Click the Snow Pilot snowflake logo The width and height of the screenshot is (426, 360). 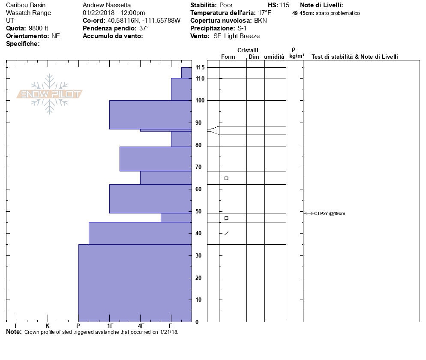click(50, 94)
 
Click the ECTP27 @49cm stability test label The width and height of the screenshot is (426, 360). click(328, 213)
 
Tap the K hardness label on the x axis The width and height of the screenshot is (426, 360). click(47, 326)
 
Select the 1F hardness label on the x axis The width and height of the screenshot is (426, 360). click(110, 326)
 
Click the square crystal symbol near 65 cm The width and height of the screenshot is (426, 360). click(226, 178)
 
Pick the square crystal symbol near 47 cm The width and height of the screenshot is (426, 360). click(226, 218)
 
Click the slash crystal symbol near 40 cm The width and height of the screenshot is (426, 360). click(226, 233)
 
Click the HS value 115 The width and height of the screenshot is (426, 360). click(284, 5)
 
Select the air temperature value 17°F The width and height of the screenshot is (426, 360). click(265, 13)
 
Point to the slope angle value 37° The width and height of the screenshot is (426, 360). click(144, 28)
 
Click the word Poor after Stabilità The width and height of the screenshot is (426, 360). click(226, 5)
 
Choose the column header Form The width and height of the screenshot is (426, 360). click(228, 57)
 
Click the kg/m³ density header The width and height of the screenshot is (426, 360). click(297, 56)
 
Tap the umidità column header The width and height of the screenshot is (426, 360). click(274, 57)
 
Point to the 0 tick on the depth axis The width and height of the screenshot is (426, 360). click(197, 322)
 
